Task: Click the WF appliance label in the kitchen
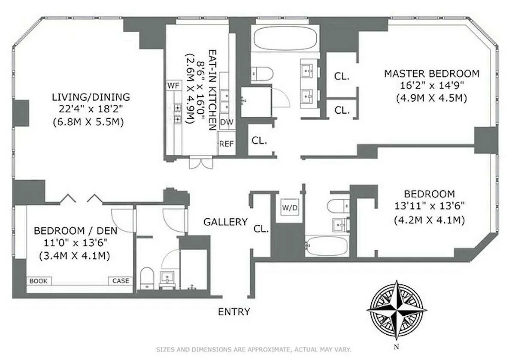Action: coord(173,85)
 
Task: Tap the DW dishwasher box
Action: coord(227,122)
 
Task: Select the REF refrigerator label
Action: coord(227,144)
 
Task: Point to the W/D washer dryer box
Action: coord(290,208)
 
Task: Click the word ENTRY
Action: coord(234,312)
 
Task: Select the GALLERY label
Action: coord(226,222)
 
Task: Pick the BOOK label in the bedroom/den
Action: coord(38,281)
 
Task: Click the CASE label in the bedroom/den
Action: coord(121,281)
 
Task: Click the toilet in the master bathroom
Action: coord(262,74)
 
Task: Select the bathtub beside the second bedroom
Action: coord(327,245)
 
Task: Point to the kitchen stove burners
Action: coord(178,113)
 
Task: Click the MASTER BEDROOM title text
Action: coord(432,74)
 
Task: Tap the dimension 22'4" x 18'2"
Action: coord(91,109)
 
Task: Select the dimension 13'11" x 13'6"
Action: coord(430,206)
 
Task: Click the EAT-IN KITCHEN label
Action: coord(212,90)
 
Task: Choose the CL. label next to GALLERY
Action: coord(261,229)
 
